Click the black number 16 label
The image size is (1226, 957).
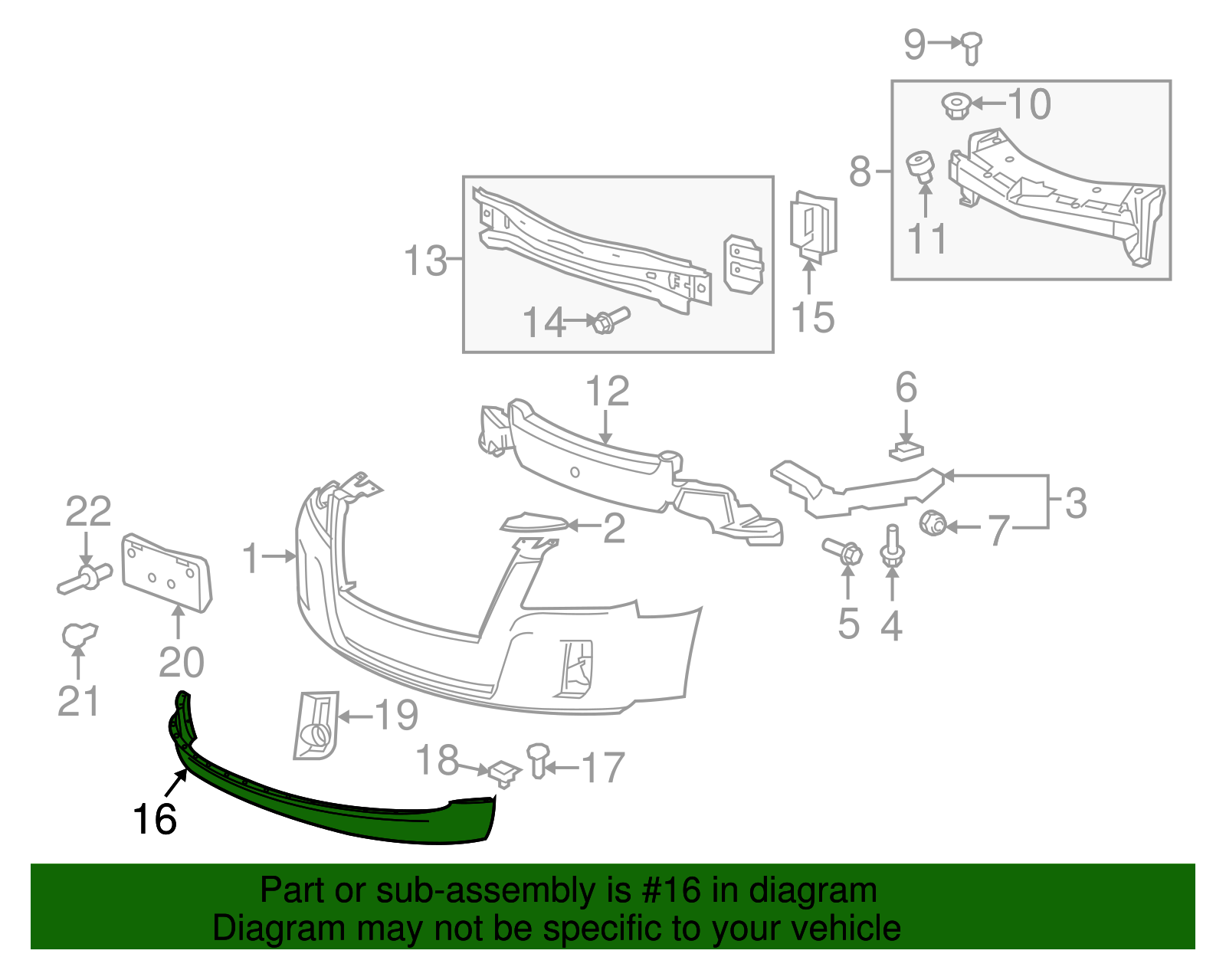(x=155, y=819)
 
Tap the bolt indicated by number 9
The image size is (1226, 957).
(x=972, y=48)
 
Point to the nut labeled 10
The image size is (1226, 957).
(x=956, y=105)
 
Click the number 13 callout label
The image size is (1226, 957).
(x=425, y=261)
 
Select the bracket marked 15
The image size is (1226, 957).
(x=813, y=225)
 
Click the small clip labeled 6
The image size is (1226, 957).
(x=906, y=451)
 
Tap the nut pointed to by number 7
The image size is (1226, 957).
(x=933, y=524)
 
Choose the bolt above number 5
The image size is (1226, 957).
(x=842, y=551)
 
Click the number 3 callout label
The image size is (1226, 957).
(x=1076, y=503)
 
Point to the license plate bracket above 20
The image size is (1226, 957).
(x=166, y=573)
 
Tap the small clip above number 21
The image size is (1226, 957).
(x=78, y=635)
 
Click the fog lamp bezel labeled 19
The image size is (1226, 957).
(x=316, y=725)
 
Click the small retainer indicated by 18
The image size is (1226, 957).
(x=503, y=772)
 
